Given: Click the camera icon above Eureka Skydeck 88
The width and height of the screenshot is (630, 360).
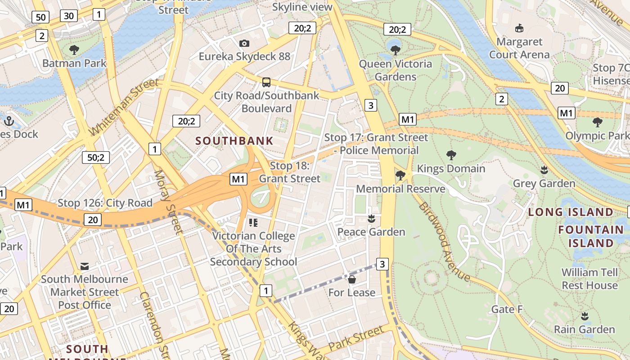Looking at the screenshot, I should [x=244, y=43].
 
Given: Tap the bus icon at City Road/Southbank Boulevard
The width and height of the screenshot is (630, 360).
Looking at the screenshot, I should [x=266, y=82].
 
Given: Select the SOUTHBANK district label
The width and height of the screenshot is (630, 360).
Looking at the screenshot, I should [x=234, y=141].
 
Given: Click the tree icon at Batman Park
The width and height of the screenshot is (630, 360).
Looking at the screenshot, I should [x=74, y=49].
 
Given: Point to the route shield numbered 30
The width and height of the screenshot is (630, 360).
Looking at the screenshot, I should [x=68, y=16].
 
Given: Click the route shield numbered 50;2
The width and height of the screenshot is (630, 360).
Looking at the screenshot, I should [x=96, y=157].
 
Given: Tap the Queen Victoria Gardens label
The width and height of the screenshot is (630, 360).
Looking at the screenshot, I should [x=395, y=70].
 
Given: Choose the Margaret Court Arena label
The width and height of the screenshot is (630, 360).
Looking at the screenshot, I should [x=519, y=48].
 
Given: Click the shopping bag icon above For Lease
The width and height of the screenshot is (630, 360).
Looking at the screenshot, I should [x=352, y=279].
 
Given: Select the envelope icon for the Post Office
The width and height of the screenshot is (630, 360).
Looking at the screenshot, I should [x=85, y=266].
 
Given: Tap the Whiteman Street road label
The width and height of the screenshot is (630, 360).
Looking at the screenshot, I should [x=124, y=106].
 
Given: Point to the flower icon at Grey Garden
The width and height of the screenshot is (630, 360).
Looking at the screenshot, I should [x=544, y=170].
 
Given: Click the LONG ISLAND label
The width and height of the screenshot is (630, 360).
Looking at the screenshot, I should [x=571, y=212].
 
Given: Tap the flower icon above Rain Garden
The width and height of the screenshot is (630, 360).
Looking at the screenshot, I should [x=585, y=316].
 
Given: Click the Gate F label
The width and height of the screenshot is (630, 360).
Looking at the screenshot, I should [x=507, y=309].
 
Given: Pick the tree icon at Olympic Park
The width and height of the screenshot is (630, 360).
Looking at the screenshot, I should [x=598, y=122].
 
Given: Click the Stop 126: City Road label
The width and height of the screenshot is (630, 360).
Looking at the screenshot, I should [x=105, y=203].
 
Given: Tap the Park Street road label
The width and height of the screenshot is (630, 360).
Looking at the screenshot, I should [x=356, y=340].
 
